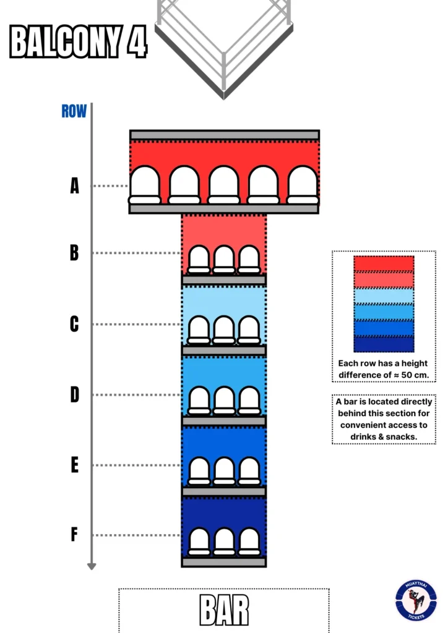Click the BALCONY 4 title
(79, 41)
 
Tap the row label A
(75, 185)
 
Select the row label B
(74, 253)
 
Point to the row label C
(74, 324)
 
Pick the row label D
(74, 394)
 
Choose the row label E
(74, 465)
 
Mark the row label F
(74, 535)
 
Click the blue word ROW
(74, 111)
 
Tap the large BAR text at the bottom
(224, 610)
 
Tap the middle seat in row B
(224, 260)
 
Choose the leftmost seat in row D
(199, 401)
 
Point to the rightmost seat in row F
(249, 542)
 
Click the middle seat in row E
(224, 471)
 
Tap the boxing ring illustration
(224, 43)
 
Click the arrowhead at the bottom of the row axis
(92, 565)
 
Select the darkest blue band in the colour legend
(384, 344)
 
